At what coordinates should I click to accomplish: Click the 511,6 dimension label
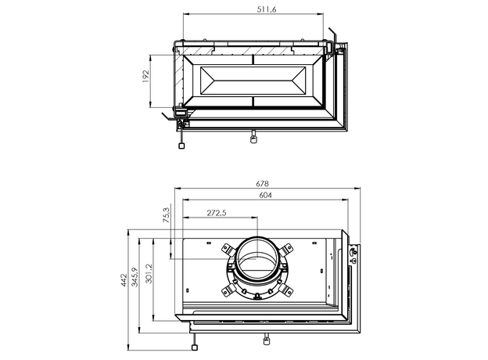pos(267,9)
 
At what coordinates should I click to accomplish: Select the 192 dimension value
pos(145,76)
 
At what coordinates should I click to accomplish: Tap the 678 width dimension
pos(262,184)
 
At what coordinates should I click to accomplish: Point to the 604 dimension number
pos(265,195)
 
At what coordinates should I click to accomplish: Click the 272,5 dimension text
pos(217,213)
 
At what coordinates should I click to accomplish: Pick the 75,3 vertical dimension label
pos(167,215)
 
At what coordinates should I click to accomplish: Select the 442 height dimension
pos(124,280)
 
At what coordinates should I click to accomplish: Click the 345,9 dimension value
pos(135,277)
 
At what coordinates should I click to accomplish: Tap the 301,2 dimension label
pos(149,273)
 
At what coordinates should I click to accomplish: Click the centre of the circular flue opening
pos(257,258)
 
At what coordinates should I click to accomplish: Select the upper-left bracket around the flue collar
pos(228,250)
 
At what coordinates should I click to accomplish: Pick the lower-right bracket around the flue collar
pos(286,290)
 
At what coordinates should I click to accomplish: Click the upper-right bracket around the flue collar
pos(286,250)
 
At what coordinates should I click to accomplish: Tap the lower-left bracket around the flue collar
pos(228,290)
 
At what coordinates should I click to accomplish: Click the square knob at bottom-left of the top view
pos(181,146)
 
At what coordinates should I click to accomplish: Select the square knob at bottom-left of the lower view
pos(194,347)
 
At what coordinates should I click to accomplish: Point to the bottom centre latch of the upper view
pos(254,137)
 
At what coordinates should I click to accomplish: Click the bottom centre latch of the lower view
pos(267,339)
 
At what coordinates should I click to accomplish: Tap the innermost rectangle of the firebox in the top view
pos(253,81)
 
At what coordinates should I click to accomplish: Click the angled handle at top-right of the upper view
pos(333,34)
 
